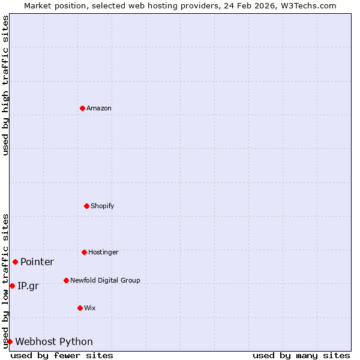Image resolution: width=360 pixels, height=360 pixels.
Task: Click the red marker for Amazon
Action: tap(82, 108)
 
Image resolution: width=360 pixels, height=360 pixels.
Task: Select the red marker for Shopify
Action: tap(86, 206)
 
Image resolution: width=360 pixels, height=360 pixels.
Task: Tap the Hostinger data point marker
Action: tap(84, 252)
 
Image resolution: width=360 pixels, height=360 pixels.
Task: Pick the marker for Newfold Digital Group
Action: tap(66, 280)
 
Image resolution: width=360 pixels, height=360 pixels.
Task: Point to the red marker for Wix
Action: tap(80, 308)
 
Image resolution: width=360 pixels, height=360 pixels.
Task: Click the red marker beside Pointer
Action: tap(15, 262)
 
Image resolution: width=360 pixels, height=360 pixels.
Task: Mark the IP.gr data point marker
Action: tap(12, 286)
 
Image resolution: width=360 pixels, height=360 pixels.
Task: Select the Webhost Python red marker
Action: tap(10, 341)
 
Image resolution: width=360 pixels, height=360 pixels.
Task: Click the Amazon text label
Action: tap(99, 108)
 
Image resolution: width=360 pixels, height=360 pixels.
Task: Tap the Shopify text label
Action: tap(103, 206)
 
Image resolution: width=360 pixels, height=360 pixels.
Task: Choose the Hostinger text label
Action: tap(103, 252)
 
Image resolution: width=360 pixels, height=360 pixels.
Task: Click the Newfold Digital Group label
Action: tap(105, 280)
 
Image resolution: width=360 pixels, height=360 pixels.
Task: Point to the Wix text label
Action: tap(90, 308)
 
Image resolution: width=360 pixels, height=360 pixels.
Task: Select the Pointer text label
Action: tap(37, 262)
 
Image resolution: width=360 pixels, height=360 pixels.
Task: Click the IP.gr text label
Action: tap(28, 286)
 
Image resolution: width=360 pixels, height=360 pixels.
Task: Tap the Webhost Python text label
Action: tap(54, 341)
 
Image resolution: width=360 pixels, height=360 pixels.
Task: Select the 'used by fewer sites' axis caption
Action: tap(62, 355)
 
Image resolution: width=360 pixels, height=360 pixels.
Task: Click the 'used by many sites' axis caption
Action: tap(301, 355)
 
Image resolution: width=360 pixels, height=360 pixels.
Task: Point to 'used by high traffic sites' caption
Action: tap(5, 85)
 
